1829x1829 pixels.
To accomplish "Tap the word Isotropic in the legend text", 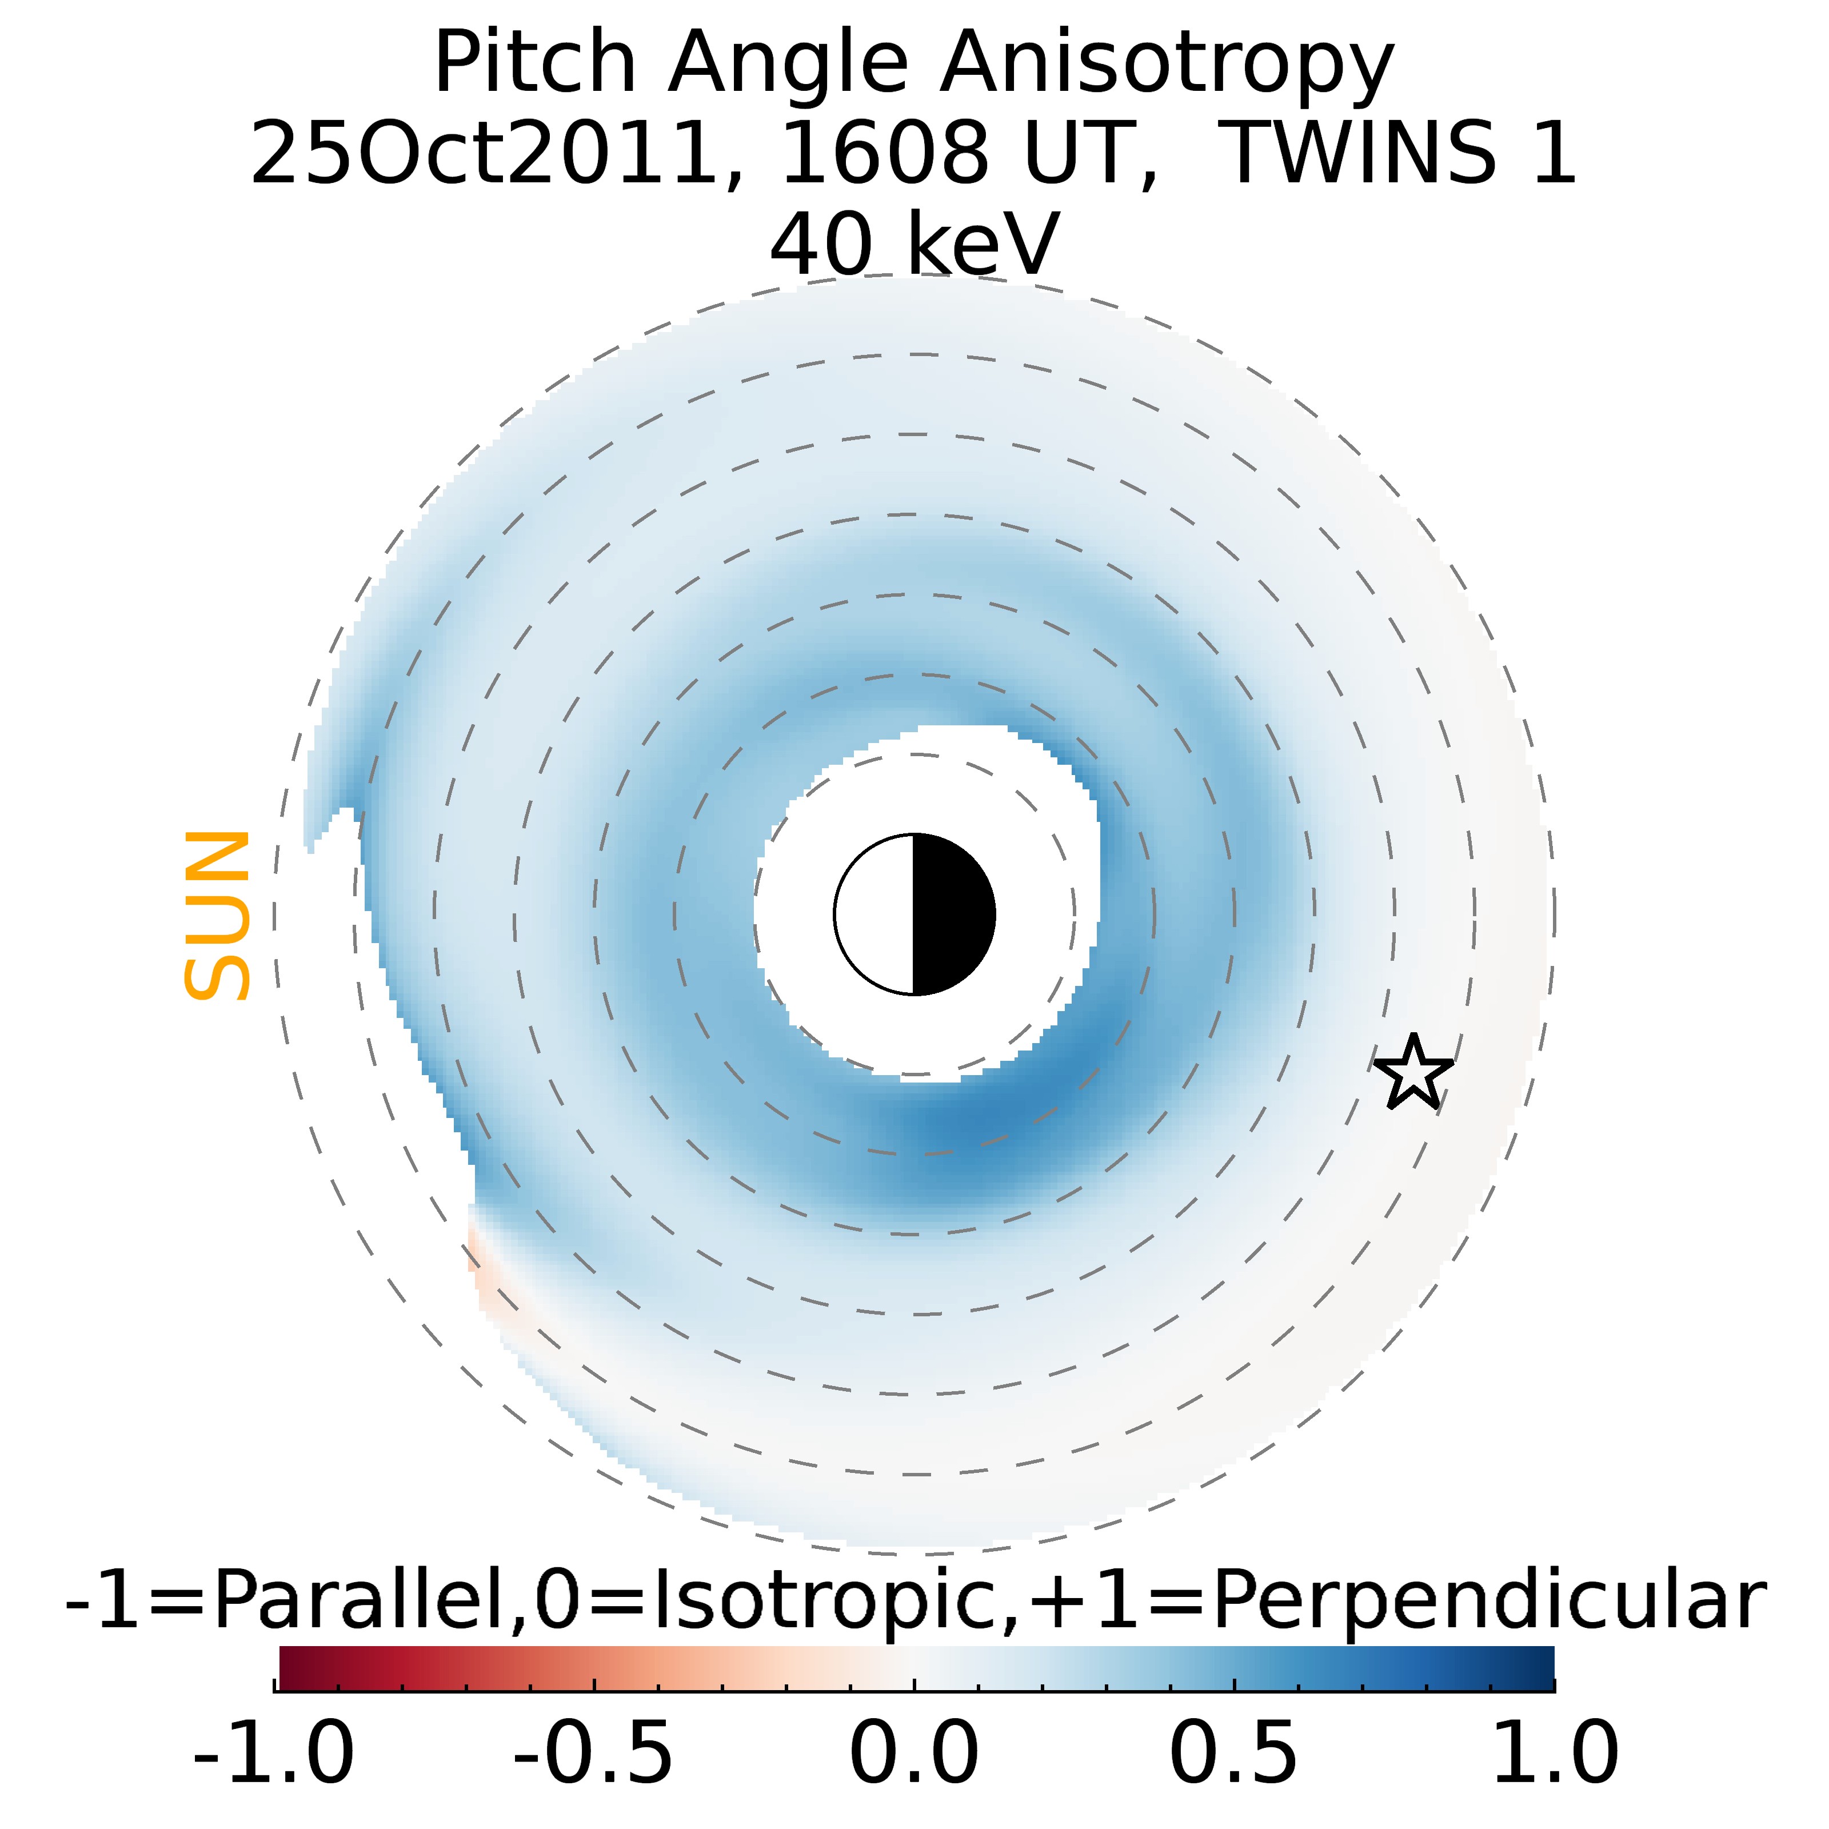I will pyautogui.click(x=828, y=1601).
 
